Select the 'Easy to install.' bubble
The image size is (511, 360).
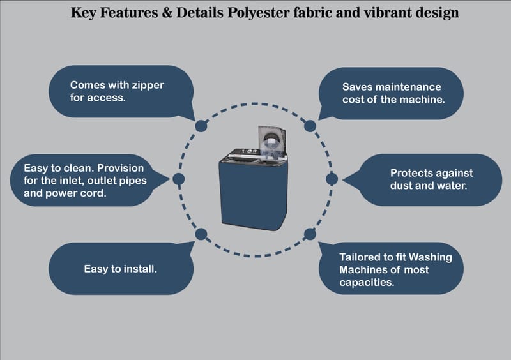[121, 269]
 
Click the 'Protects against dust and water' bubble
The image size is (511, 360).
[431, 179]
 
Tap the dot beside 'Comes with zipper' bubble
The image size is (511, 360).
[201, 126]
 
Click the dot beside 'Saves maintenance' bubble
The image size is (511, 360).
[310, 126]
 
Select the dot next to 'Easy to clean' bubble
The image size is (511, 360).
[179, 179]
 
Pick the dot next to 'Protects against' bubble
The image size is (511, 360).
[332, 179]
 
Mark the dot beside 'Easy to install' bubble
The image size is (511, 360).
[201, 234]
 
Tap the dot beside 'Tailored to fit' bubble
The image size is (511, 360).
[310, 234]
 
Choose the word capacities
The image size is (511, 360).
[366, 281]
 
